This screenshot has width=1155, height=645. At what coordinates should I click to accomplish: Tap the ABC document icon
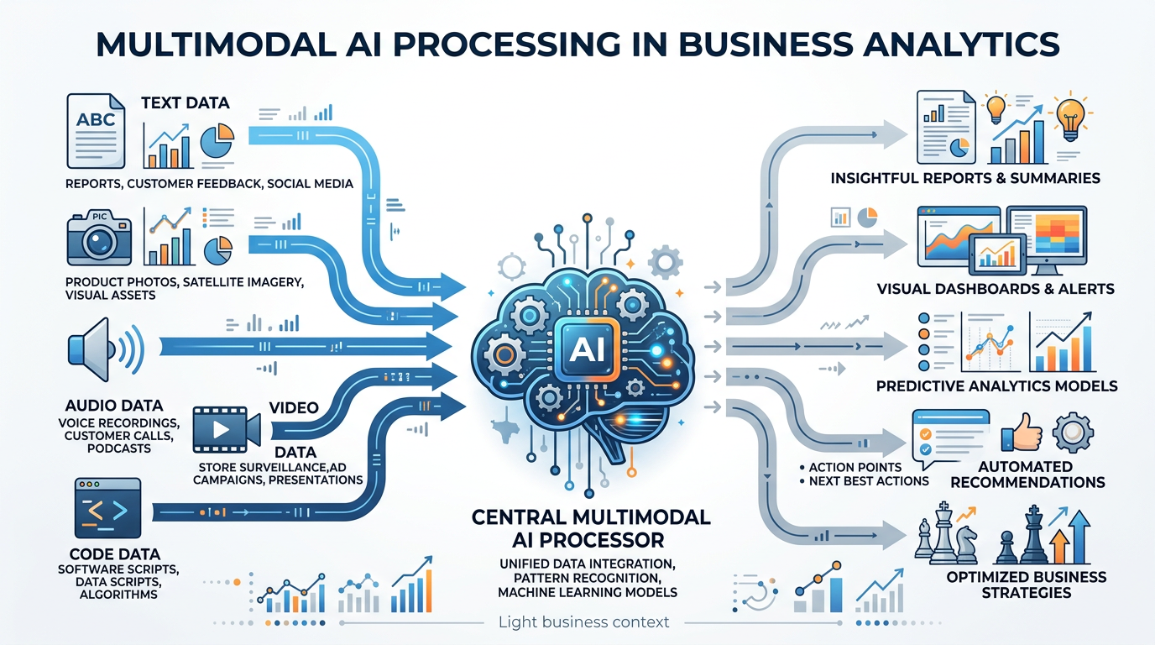95,133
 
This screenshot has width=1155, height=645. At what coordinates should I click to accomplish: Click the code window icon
107,508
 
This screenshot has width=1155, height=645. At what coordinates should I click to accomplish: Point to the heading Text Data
185,103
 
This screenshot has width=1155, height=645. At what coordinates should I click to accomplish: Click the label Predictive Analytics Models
996,386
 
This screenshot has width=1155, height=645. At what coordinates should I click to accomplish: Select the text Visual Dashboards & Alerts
996,289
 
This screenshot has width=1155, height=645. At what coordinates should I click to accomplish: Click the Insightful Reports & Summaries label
964,178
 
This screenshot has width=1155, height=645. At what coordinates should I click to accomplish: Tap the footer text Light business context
583,622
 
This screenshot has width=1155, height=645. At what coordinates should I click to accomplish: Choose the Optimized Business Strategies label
1026,585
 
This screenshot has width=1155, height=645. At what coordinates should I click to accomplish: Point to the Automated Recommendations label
1037,475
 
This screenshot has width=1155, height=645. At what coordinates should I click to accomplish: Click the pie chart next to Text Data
217,139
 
